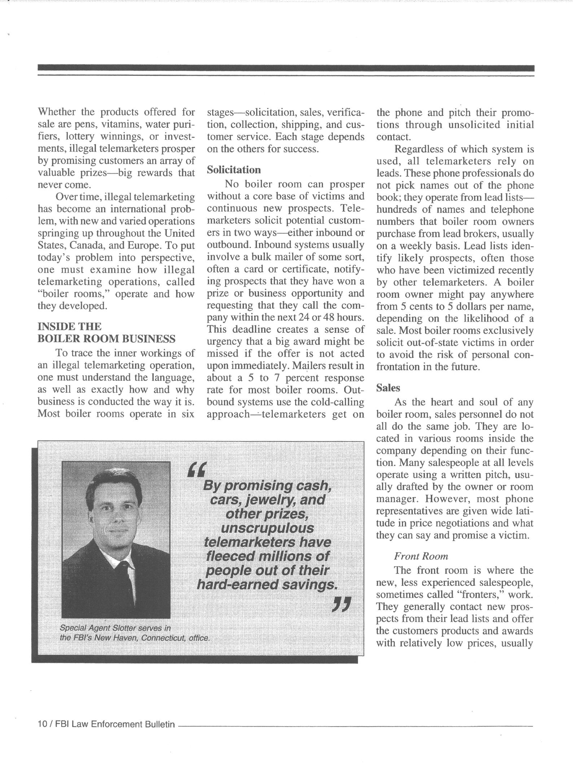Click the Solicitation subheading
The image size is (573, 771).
click(x=234, y=170)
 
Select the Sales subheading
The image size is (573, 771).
click(x=388, y=388)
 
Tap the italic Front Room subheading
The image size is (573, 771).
click(x=421, y=556)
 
